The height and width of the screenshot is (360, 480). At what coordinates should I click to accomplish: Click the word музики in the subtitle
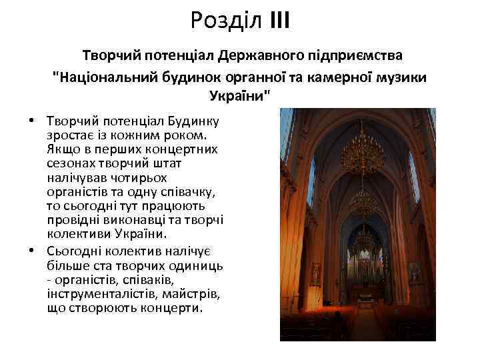[398, 77]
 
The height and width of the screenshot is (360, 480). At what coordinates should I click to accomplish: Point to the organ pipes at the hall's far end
[364, 263]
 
